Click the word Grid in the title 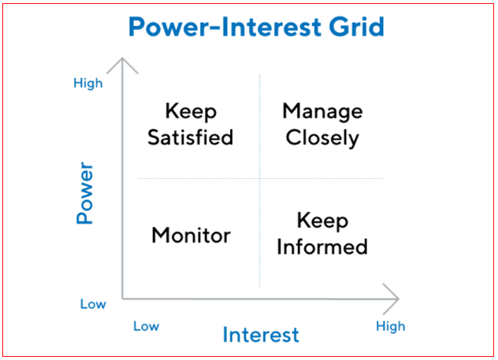[x=356, y=27]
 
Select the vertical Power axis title [x=85, y=193]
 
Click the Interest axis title [x=261, y=335]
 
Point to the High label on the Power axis [x=88, y=84]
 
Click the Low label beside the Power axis [x=93, y=304]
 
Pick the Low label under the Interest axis [x=146, y=326]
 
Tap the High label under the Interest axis [x=391, y=327]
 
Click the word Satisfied [x=190, y=137]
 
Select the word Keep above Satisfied [x=191, y=112]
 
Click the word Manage [x=323, y=112]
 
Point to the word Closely [x=322, y=138]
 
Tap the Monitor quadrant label [x=191, y=236]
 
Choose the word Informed [x=322, y=247]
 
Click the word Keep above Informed [x=323, y=221]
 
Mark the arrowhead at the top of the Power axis [x=122, y=58]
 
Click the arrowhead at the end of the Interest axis [x=398, y=299]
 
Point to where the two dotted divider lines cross [x=260, y=178]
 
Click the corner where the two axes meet [x=123, y=299]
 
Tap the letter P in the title [x=137, y=27]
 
